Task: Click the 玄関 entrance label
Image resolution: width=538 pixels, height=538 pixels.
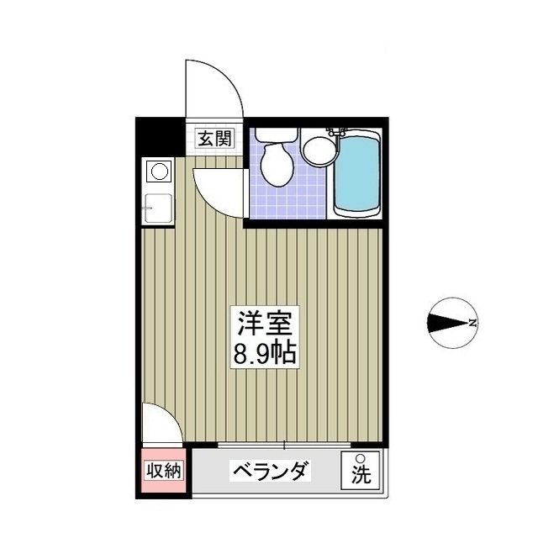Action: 215,137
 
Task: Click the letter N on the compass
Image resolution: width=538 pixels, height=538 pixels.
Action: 473,322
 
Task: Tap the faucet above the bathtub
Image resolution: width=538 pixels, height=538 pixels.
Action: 338,132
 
